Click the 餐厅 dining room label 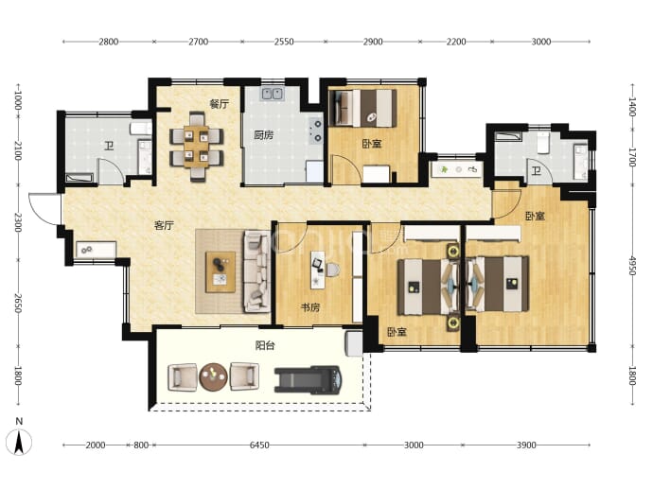pos(219,104)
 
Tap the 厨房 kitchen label pos(264,135)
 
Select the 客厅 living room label pos(164,225)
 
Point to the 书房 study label pos(310,307)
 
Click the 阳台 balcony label pos(265,345)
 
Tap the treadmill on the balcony pos(309,379)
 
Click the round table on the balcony pos(213,377)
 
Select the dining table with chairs pos(197,147)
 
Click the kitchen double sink pos(273,94)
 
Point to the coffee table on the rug pos(221,272)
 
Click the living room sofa pos(257,272)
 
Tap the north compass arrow pos(19,442)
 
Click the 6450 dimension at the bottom pos(259,445)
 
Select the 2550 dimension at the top pos(284,42)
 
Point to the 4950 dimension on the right pos(632,266)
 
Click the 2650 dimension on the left pos(18,304)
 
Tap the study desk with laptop pos(318,270)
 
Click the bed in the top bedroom pos(362,108)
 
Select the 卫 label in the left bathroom pos(109,146)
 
